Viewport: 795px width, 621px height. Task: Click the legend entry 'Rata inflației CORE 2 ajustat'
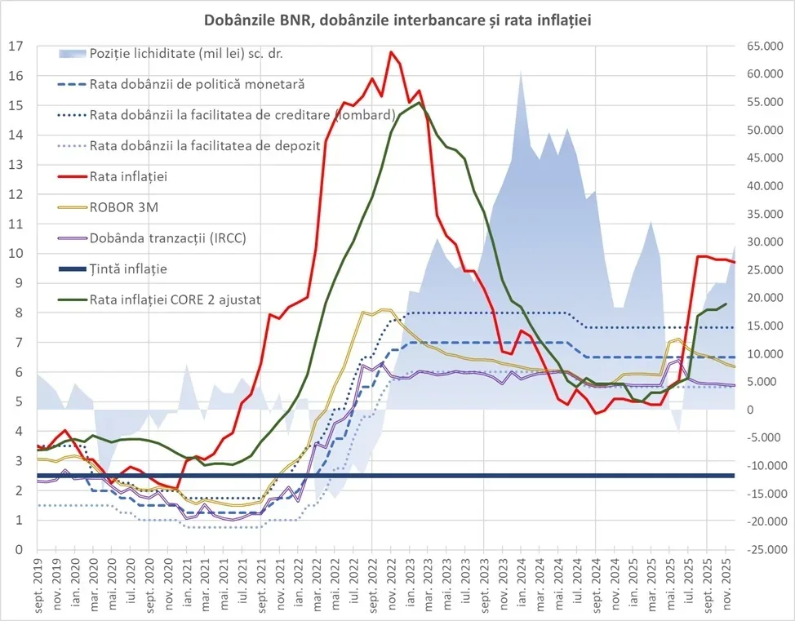[x=175, y=299]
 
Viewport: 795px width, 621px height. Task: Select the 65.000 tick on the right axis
[x=760, y=47]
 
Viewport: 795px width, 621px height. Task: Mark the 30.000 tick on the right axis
[x=760, y=242]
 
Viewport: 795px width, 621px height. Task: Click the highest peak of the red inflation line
[x=391, y=52]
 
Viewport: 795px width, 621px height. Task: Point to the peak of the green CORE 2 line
[x=419, y=103]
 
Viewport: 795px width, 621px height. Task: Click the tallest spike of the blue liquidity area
[x=520, y=72]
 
